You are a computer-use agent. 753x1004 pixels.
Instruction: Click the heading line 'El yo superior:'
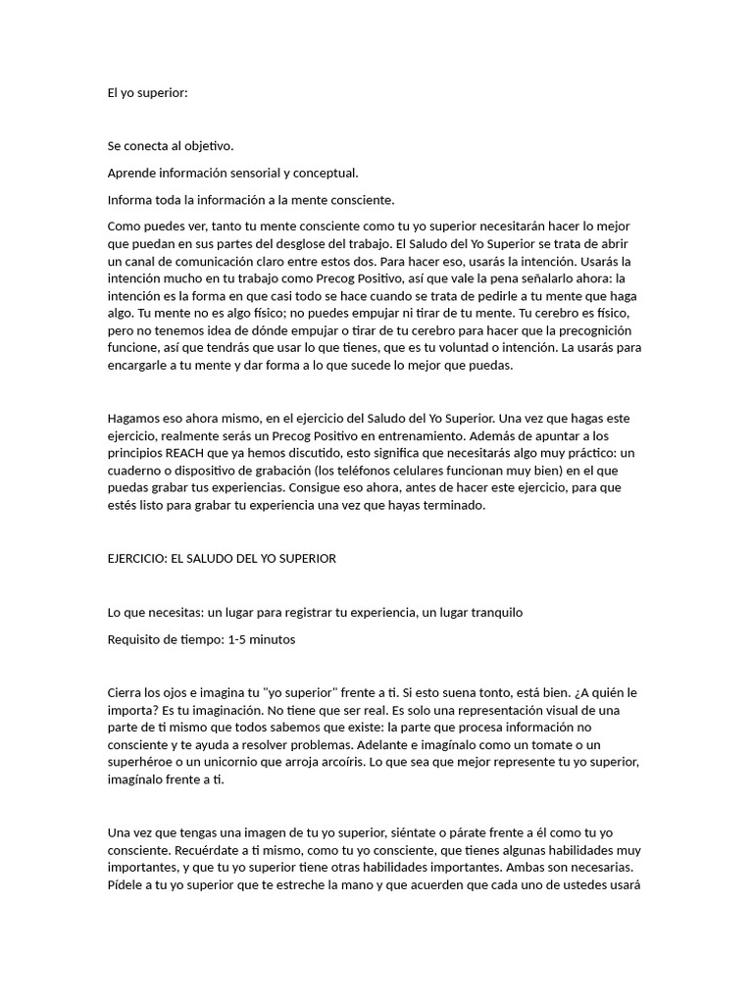147,92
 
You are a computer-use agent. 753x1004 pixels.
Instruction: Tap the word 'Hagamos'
133,417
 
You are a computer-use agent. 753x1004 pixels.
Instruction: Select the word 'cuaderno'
136,470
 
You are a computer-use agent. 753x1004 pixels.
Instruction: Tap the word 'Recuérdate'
144,851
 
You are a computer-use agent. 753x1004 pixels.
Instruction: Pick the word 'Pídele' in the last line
127,886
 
